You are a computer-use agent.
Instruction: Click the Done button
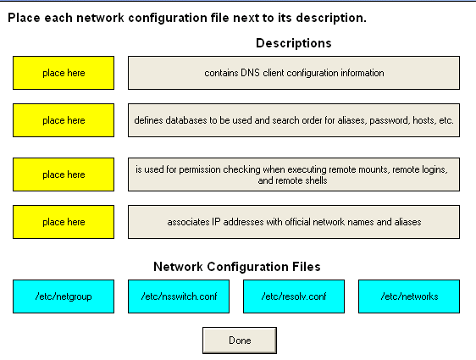[x=240, y=341]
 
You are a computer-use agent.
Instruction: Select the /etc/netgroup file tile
[x=64, y=296]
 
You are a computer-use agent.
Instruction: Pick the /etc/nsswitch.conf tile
[x=179, y=296]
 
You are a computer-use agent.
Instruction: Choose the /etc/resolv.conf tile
[x=294, y=296]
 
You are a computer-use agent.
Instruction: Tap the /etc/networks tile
[x=409, y=296]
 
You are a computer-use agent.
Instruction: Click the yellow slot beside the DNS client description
[x=64, y=73]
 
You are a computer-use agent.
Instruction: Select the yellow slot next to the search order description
[x=64, y=120]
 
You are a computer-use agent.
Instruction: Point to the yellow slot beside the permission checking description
[x=64, y=174]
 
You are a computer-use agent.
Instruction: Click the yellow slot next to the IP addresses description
[x=64, y=222]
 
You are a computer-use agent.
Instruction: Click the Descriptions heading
[x=294, y=43]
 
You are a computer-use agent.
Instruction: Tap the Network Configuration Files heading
[x=237, y=267]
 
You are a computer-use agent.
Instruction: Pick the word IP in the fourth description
[x=216, y=222]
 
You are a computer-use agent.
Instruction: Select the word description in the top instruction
[x=331, y=19]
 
